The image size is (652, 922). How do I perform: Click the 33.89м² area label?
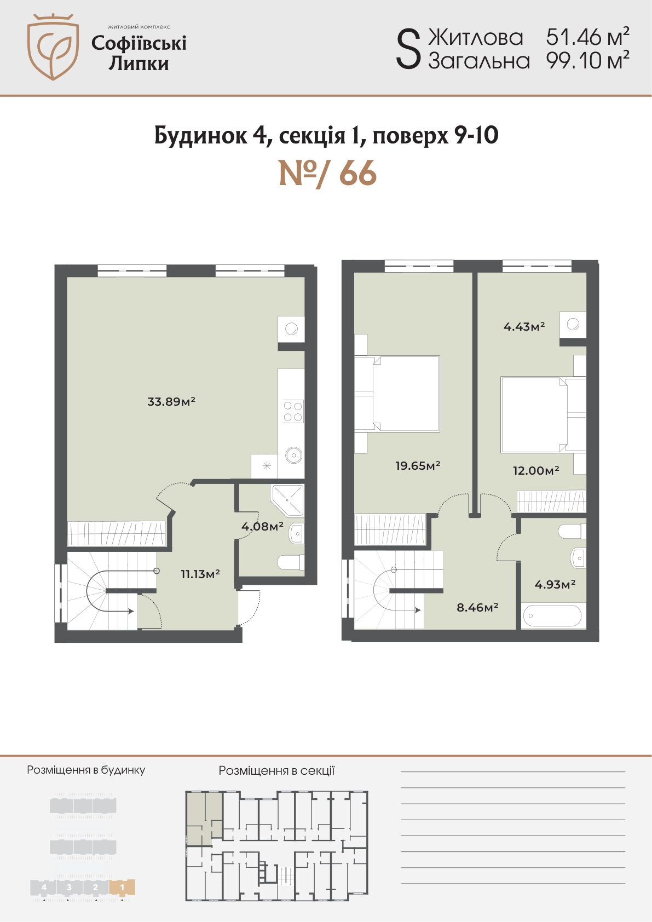(x=171, y=401)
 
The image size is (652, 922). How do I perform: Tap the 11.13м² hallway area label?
(x=200, y=574)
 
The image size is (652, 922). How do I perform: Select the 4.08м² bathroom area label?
(x=262, y=526)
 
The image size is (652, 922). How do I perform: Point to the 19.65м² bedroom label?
(x=418, y=465)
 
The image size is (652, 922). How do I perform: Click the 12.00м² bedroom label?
(x=536, y=470)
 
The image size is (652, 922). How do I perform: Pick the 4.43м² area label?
(x=524, y=327)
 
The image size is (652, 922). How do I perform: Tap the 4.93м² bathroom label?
(x=555, y=584)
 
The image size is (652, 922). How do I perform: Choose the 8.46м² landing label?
(x=477, y=607)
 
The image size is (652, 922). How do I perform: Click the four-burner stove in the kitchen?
(x=293, y=411)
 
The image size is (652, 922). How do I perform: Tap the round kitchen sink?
(x=295, y=455)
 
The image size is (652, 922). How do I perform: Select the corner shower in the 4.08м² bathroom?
(x=287, y=500)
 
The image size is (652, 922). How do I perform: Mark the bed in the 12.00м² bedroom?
(x=543, y=414)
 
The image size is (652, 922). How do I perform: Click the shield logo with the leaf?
(x=53, y=47)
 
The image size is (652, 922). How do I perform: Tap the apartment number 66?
(x=358, y=174)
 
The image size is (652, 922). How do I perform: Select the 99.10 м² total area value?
(x=588, y=61)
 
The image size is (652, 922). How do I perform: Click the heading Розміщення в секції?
(x=276, y=770)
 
